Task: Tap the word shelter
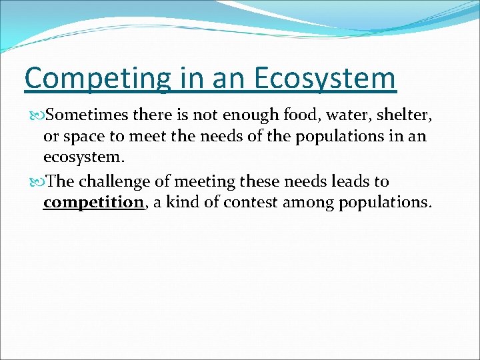click(404, 115)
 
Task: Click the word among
click(309, 203)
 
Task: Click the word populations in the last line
click(385, 203)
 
